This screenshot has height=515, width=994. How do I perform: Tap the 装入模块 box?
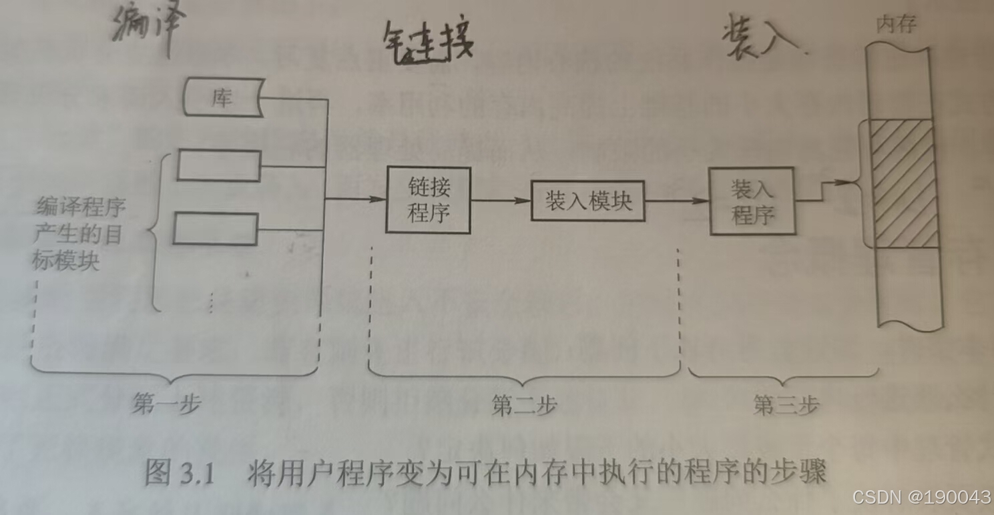click(x=588, y=201)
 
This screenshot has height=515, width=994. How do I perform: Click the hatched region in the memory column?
click(x=906, y=184)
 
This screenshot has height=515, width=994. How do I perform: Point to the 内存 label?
click(x=897, y=26)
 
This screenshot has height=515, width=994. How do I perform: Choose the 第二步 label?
click(x=524, y=405)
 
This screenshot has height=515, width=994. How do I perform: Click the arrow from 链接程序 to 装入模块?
click(x=500, y=199)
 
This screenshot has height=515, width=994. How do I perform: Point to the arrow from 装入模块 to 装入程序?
click(x=677, y=200)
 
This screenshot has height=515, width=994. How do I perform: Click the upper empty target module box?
click(x=218, y=165)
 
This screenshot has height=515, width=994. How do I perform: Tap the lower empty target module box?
click(x=216, y=228)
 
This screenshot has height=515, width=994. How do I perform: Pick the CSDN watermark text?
click(x=922, y=497)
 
